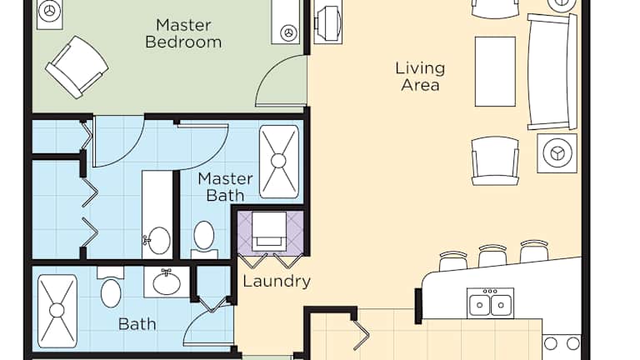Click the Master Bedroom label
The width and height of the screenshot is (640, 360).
coord(183,33)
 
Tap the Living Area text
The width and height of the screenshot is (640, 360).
coord(420,77)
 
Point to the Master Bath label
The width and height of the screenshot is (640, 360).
coord(225,187)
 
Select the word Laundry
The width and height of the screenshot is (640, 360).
coord(277,281)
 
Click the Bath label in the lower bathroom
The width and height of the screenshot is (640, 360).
coord(137,324)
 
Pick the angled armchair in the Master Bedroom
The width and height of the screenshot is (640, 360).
coord(77,67)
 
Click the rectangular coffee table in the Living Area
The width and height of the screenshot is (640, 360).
coord(495,72)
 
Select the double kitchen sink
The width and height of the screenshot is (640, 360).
coord(490,302)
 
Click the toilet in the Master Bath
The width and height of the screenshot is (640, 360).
coord(203,240)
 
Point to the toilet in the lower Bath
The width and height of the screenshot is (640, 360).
coord(111,287)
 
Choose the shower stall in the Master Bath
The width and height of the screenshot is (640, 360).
coord(279,162)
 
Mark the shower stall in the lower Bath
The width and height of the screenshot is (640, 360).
coord(57,311)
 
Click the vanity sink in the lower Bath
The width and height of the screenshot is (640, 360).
coord(167,282)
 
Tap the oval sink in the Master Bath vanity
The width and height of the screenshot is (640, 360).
coord(158,240)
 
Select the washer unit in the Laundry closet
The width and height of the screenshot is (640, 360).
coord(268,231)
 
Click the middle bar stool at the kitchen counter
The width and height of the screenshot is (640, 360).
coord(492,255)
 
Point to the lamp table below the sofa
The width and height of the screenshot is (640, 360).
coord(557,153)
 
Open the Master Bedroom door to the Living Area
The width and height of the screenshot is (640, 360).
coord(282,82)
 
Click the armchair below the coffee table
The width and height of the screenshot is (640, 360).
coord(495,161)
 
